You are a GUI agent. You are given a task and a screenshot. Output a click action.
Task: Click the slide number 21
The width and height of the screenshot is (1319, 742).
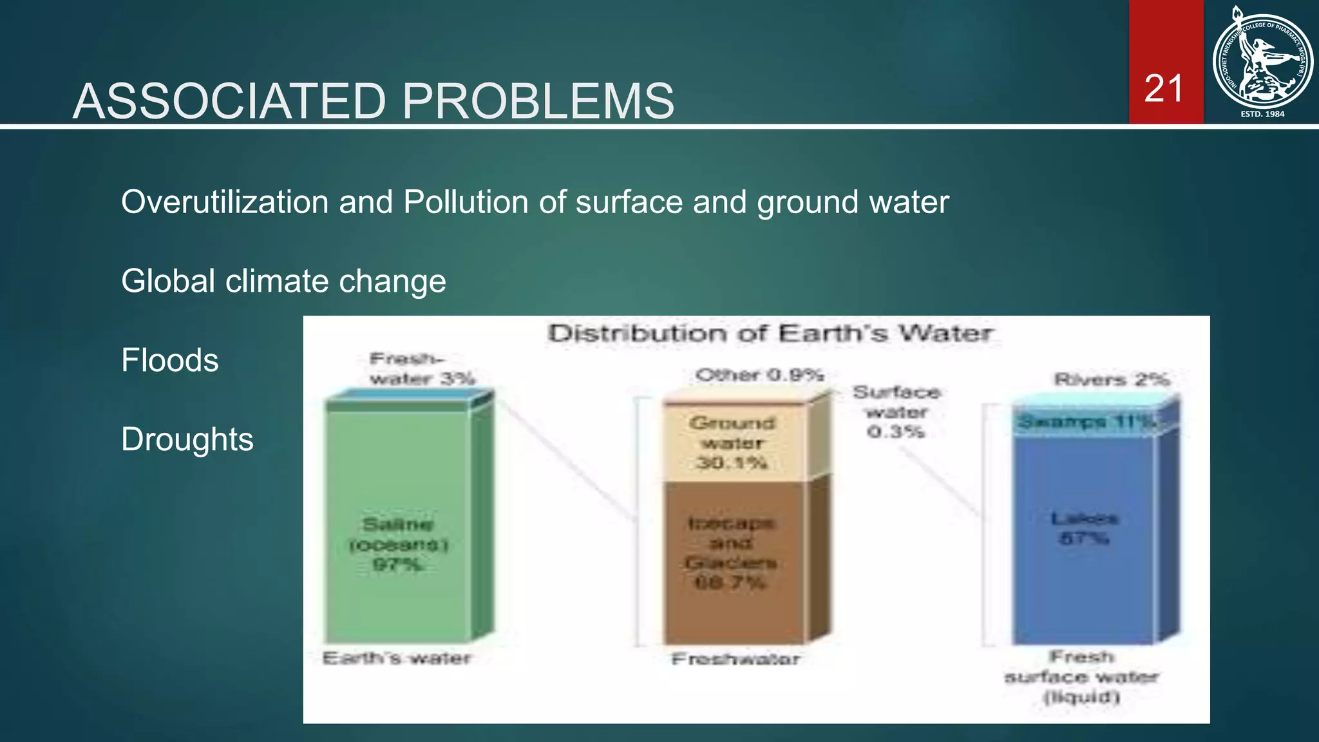[1164, 89]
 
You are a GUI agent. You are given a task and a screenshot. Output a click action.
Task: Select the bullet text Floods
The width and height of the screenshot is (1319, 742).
[170, 360]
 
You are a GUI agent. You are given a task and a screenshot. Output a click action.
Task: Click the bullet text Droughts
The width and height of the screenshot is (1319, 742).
[187, 439]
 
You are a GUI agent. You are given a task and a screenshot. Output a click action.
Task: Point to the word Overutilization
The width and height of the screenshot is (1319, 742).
[224, 202]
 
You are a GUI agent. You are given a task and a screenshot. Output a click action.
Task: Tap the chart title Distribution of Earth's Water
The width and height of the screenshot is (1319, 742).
[770, 334]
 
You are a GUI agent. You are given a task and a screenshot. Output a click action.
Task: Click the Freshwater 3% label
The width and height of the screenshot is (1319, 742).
[422, 368]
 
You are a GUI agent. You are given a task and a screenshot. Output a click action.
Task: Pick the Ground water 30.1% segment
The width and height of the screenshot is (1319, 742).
[732, 442]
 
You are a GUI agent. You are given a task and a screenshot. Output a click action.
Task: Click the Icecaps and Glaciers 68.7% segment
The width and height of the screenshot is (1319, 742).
[731, 554]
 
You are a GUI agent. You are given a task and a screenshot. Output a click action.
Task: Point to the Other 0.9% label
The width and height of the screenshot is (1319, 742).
[760, 375]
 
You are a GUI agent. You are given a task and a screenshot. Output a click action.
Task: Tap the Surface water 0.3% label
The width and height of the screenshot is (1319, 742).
[897, 412]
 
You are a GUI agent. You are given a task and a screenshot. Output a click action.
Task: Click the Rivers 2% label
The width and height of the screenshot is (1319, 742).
[1112, 379]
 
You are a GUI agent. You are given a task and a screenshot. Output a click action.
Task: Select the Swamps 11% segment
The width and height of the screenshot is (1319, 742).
[1086, 423]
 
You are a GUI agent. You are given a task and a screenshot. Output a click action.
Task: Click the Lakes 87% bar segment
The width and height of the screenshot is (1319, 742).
[1085, 528]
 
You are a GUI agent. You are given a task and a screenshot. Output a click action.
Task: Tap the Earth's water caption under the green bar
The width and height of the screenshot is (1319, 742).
[397, 658]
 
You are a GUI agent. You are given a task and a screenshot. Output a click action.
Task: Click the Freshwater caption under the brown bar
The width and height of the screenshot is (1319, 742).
[735, 659]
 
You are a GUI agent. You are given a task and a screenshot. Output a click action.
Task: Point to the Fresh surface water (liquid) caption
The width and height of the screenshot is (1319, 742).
[1082, 677]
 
